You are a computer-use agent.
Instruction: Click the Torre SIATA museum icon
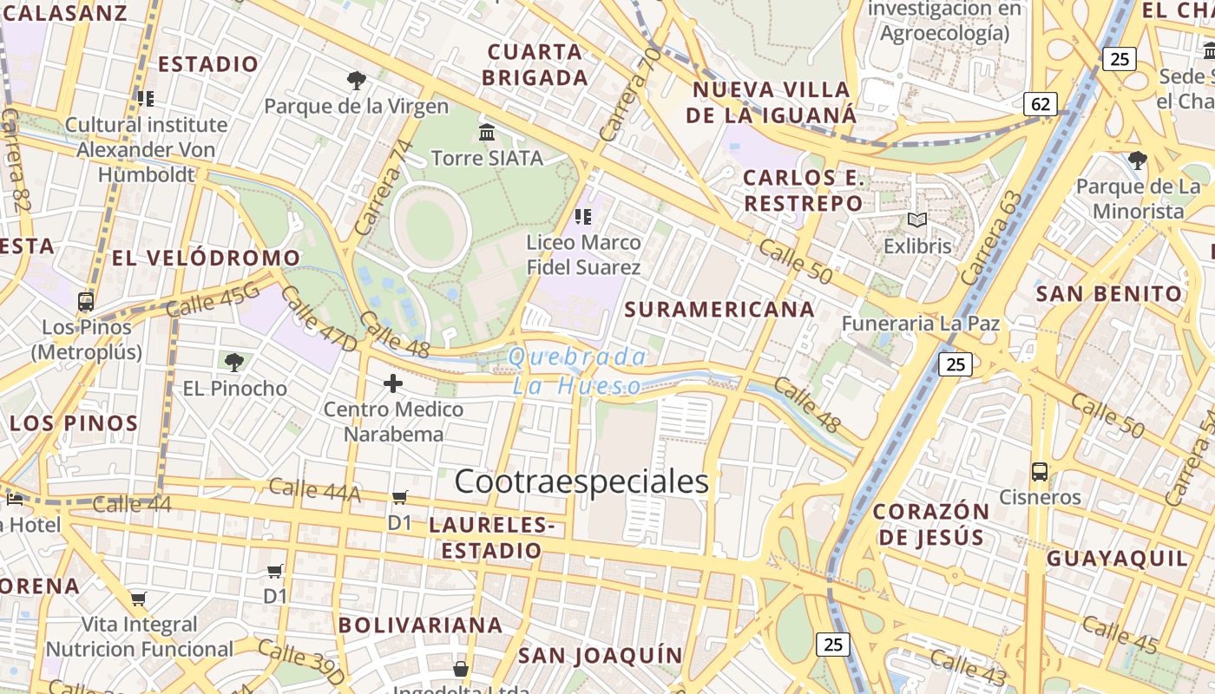pos(487,133)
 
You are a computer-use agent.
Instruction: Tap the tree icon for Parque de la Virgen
pos(356,81)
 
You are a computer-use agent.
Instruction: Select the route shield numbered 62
pos(1040,105)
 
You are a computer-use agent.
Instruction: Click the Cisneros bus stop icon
pos(1040,472)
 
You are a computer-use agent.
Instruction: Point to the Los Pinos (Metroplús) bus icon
pos(86,302)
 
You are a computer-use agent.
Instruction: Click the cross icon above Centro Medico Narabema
pos(393,383)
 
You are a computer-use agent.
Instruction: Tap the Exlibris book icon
pos(917,220)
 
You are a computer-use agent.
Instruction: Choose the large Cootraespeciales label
pos(581,481)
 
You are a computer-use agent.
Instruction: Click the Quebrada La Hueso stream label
pos(577,371)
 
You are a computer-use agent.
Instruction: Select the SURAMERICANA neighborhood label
pos(719,309)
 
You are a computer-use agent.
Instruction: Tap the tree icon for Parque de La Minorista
pos(1137,160)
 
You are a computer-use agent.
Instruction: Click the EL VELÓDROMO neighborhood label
pos(207,258)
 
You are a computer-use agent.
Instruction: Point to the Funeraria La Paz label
pos(921,324)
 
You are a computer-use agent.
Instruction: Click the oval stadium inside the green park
pos(431,227)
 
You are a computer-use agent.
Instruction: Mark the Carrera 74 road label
pos(383,187)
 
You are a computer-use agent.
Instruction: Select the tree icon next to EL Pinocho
pos(233,362)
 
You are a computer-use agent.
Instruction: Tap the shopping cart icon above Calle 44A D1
pos(399,497)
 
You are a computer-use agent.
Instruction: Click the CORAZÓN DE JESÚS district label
pos(931,524)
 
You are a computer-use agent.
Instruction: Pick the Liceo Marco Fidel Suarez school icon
pos(583,216)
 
